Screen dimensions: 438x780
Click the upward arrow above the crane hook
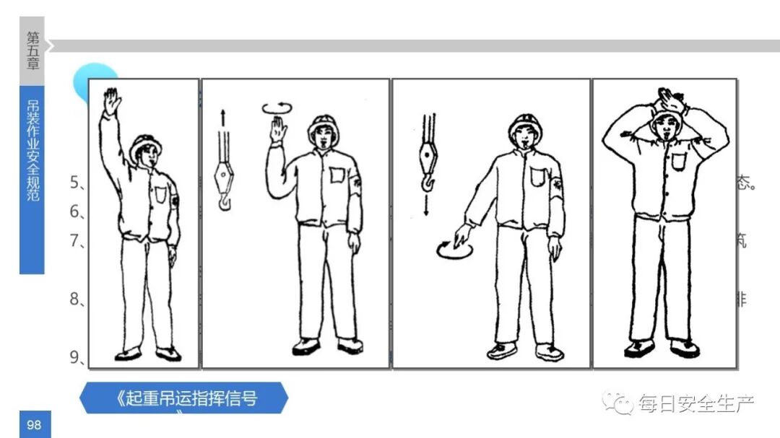click(222, 118)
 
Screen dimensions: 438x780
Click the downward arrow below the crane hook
click(427, 205)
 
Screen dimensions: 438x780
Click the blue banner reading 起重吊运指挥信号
click(184, 398)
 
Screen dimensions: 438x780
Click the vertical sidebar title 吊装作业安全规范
click(32, 152)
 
